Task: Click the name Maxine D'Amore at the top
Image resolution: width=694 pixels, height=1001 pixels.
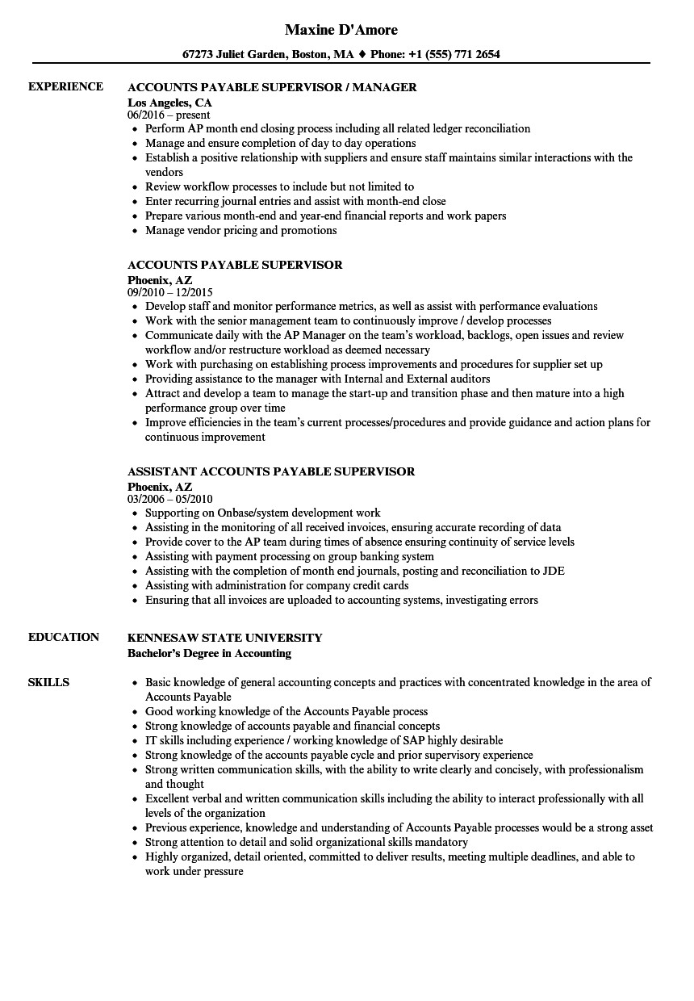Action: [341, 31]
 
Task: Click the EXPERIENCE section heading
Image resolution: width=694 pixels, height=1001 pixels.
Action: [65, 86]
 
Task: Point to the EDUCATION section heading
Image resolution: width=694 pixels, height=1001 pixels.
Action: [64, 637]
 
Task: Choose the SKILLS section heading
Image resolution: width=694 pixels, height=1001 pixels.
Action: [48, 682]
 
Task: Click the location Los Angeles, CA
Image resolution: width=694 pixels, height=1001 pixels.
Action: [169, 103]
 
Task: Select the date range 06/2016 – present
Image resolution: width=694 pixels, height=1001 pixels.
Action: [169, 115]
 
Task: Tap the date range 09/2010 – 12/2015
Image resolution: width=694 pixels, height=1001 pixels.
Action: [170, 293]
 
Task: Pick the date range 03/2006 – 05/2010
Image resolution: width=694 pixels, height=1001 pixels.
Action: [170, 500]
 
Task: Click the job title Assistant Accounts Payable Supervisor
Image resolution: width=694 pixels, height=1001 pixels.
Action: [271, 471]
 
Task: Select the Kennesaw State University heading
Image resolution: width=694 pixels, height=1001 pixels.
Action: [225, 637]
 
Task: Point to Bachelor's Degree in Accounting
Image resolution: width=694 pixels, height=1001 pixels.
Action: [210, 653]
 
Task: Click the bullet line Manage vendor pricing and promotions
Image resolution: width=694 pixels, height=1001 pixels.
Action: [240, 230]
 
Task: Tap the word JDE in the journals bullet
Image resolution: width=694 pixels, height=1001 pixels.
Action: [554, 571]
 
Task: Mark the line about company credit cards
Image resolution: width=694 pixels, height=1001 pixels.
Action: [277, 585]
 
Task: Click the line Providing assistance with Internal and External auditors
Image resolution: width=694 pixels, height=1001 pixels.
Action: [317, 379]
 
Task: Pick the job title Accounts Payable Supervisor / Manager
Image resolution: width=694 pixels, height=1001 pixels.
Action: [272, 86]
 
